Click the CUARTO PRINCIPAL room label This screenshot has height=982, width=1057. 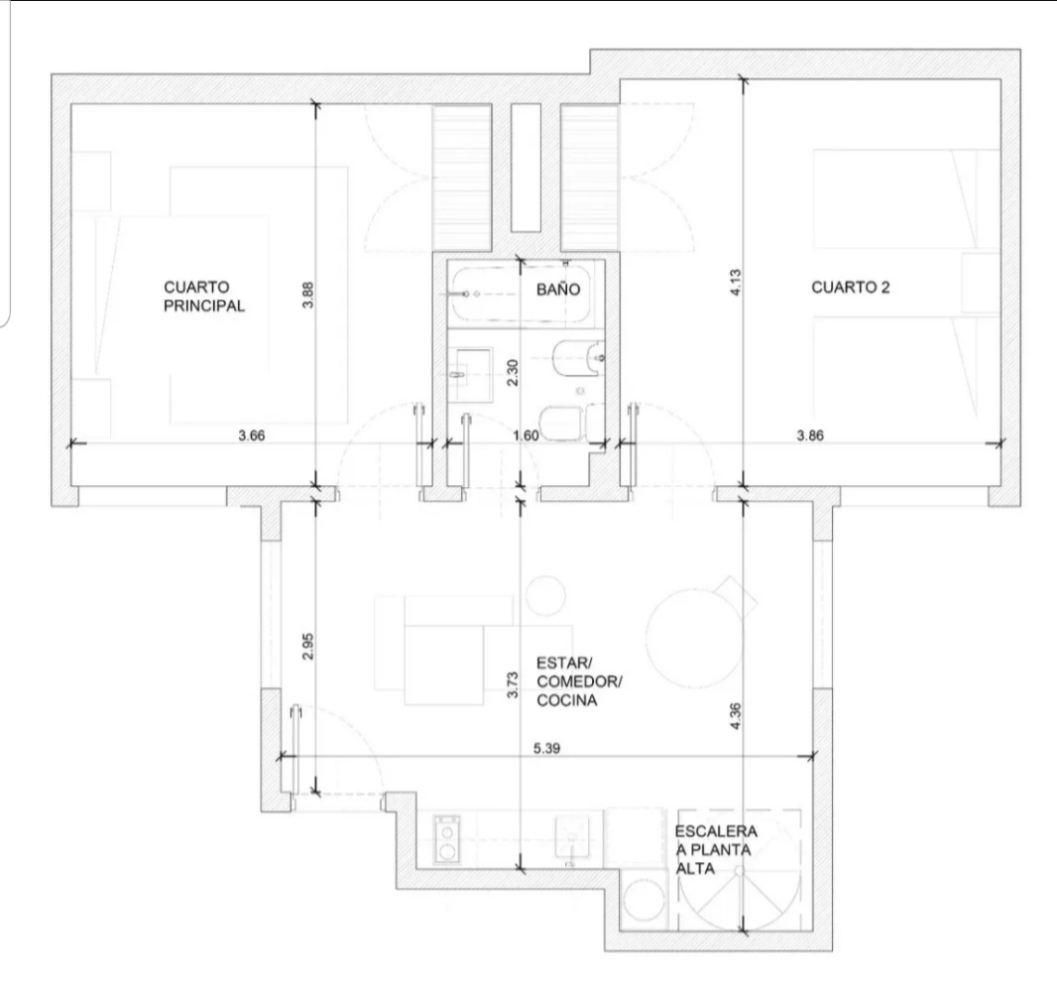(204, 297)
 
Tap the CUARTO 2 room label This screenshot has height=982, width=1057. (850, 288)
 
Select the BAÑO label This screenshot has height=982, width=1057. (558, 290)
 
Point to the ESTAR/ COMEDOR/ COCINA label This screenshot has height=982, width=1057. (579, 681)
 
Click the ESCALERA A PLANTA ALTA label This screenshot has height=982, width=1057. (716, 850)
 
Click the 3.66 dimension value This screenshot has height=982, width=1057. (252, 435)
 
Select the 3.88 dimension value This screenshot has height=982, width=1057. (308, 295)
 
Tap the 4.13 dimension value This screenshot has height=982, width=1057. (736, 282)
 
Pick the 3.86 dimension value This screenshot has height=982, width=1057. (809, 435)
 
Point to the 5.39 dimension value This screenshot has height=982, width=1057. (546, 748)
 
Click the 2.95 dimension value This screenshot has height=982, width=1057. (308, 646)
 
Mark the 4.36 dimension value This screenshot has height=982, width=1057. (736, 715)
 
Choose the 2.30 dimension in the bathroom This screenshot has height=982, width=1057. (513, 372)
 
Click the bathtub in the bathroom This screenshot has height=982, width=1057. (522, 294)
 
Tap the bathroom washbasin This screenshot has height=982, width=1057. (474, 374)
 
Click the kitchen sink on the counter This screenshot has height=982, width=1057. (572, 837)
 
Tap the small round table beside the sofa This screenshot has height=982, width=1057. (545, 595)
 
